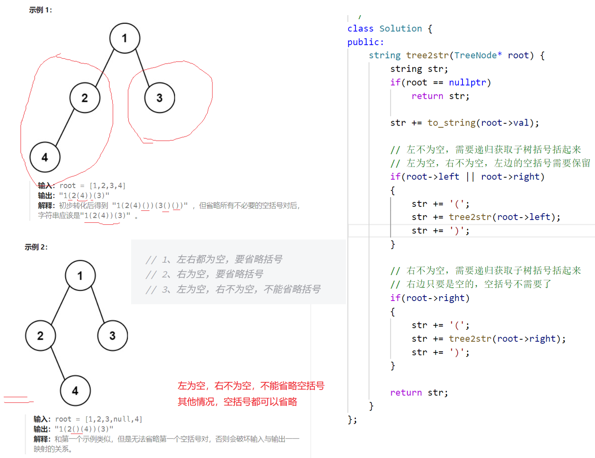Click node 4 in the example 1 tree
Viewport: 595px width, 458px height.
[45, 157]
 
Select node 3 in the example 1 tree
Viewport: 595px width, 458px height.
[160, 98]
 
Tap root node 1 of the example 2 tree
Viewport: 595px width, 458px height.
[80, 275]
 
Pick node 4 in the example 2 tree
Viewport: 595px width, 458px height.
[75, 391]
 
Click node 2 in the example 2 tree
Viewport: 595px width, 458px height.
[40, 336]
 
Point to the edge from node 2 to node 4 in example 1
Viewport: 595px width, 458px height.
[64, 128]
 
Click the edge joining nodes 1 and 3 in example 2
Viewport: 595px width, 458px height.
[98, 305]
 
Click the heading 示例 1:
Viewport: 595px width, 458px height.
[40, 10]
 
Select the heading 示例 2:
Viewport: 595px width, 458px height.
[36, 247]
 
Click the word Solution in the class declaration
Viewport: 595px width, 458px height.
[400, 29]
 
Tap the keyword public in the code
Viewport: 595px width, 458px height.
[363, 42]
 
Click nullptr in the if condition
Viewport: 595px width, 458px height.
[467, 83]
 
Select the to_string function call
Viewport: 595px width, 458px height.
[451, 123]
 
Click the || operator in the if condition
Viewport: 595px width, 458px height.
[470, 177]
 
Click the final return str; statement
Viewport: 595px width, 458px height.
[419, 393]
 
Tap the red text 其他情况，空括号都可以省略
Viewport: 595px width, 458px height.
[237, 401]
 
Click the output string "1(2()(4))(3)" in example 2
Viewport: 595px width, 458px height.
[84, 429]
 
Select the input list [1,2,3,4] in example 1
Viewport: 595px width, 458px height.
[107, 186]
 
